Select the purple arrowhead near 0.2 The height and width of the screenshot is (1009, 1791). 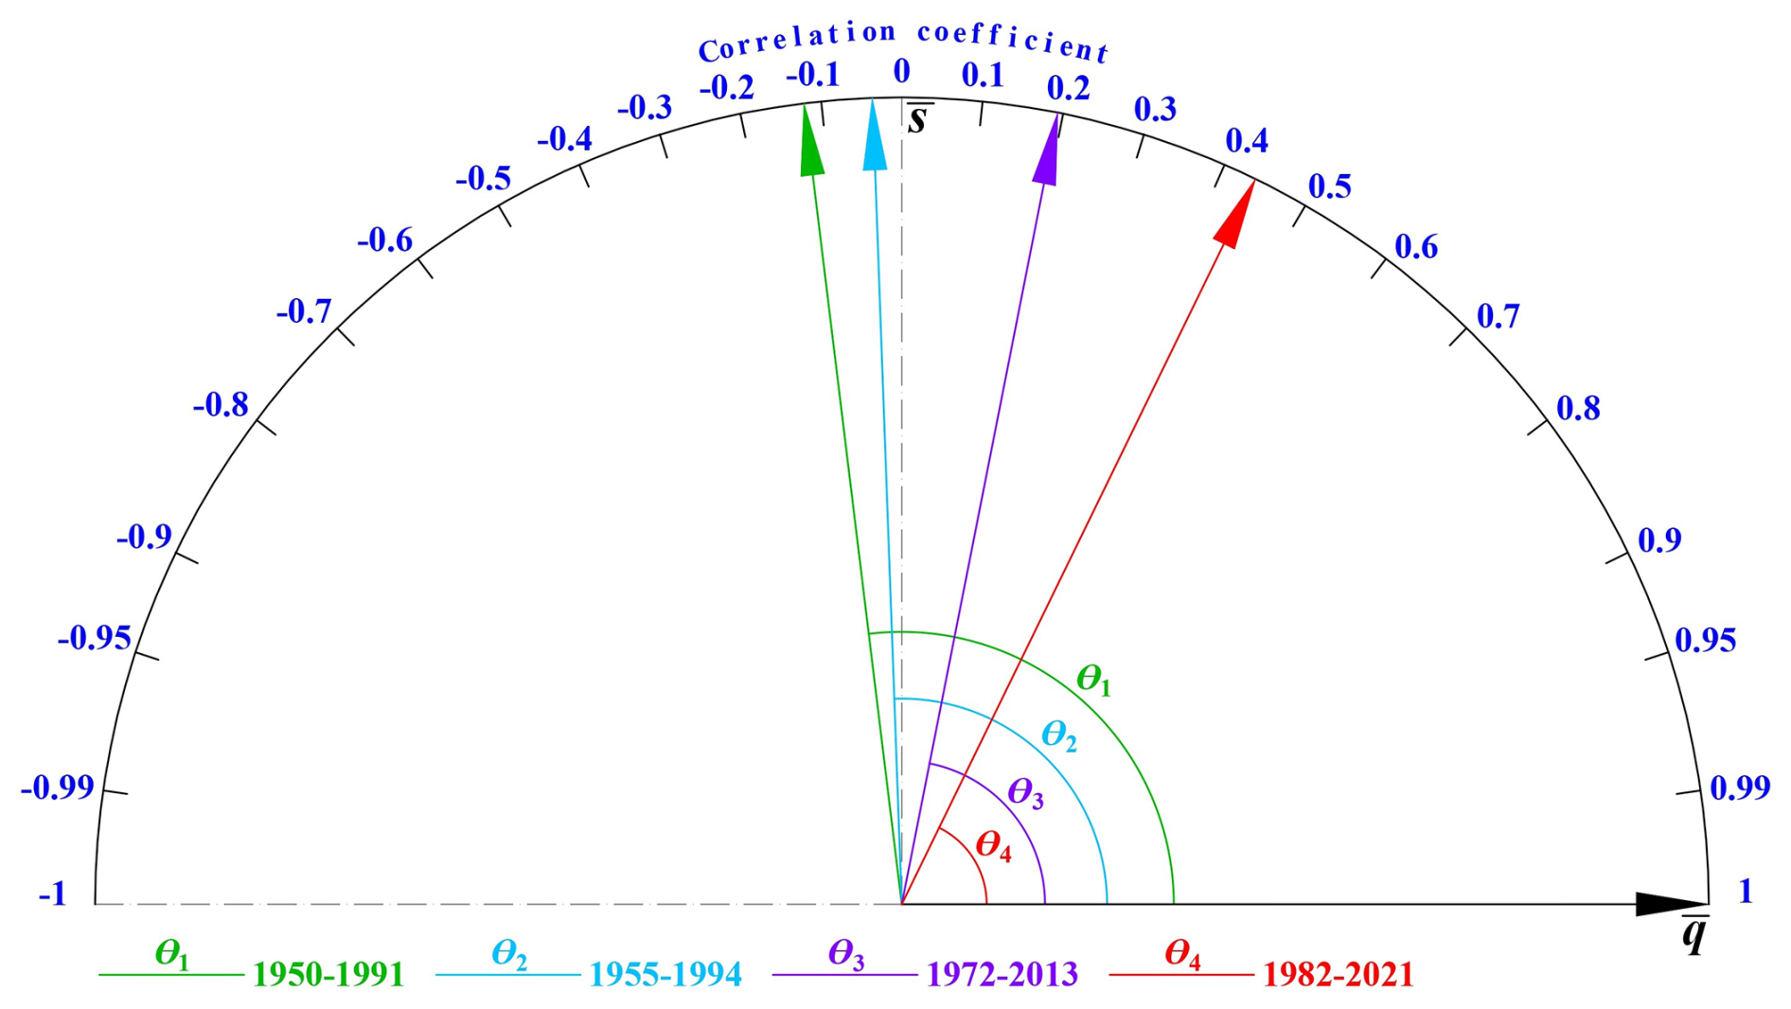point(1048,152)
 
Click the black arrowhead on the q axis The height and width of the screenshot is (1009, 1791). point(1670,904)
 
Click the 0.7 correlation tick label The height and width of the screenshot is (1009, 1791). point(1498,316)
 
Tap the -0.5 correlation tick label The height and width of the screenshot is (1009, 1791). point(483,179)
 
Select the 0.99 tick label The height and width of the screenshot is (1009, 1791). point(1740,788)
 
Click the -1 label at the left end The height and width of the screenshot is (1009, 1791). point(53,894)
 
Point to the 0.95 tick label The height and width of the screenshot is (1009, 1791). point(1706,641)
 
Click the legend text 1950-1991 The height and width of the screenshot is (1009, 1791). point(328,975)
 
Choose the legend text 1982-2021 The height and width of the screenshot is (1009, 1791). point(1338,975)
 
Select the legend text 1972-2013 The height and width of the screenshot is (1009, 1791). point(1002,975)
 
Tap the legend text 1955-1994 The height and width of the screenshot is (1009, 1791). point(665,975)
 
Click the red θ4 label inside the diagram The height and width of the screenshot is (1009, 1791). point(993,845)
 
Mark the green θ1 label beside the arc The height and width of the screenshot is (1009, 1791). point(1093,680)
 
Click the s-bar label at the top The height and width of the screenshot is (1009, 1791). point(916,119)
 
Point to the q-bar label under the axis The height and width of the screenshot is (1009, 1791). point(1694,935)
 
